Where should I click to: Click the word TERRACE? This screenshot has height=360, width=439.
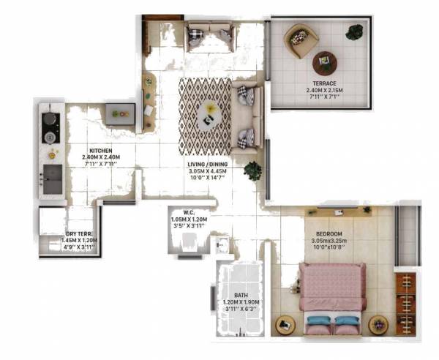[x=321, y=84]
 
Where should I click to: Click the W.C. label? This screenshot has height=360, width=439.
[x=189, y=211]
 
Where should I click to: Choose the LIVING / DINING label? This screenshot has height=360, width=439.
[x=208, y=165]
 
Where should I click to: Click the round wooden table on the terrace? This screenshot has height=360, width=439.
[x=324, y=63]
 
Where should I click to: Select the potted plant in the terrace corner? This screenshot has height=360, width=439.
[x=355, y=32]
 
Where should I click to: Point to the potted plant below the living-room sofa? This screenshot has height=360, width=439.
[x=253, y=171]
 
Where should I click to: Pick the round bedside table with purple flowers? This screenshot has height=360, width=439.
[x=282, y=324]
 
